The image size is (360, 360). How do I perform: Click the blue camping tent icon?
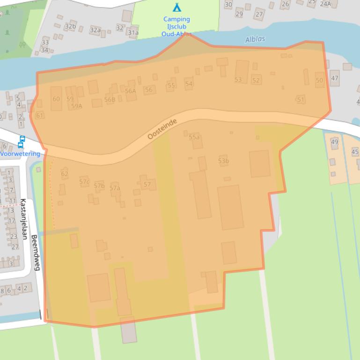coord(176,7)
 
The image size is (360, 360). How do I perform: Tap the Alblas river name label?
coord(255,40)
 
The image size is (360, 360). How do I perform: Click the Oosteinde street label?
coord(162,129)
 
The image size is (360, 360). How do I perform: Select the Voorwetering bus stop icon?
coord(22,141)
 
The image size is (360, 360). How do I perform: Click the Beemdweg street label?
coord(35,252)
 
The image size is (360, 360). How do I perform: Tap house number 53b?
coord(223,161)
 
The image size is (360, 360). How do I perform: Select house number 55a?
coord(194,137)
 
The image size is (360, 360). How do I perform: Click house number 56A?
coord(130,91)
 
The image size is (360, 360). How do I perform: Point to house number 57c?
coord(84,181)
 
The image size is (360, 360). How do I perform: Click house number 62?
coord(65,174)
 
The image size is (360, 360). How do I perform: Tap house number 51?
coord(301,100)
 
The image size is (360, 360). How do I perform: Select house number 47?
coord(334,78)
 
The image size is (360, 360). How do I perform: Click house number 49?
coord(334,142)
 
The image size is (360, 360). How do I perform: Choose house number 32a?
coord(95,30)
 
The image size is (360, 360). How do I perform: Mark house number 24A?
coord(325,4)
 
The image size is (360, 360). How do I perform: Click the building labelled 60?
coord(56,99)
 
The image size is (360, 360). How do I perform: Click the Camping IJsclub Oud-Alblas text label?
coord(176,27)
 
